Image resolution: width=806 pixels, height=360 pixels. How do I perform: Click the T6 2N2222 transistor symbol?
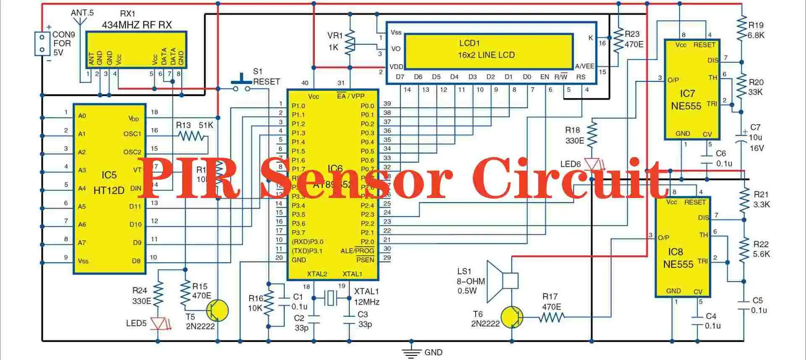(x=512, y=317)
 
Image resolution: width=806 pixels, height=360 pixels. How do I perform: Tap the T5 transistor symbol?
(x=217, y=311)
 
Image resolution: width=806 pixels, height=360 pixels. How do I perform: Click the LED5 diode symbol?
(x=158, y=323)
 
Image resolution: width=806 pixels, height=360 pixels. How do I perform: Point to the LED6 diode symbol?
(x=592, y=164)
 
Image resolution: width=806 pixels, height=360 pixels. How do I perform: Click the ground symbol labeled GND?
(x=412, y=352)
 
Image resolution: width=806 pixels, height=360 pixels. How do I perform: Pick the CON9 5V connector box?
(x=42, y=44)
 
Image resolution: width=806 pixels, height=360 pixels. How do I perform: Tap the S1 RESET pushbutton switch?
(x=242, y=84)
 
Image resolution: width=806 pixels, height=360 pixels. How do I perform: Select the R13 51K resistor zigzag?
(x=191, y=136)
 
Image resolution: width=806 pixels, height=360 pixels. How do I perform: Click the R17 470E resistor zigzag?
(x=552, y=317)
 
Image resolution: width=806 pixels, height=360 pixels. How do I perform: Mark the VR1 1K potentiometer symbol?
(x=350, y=42)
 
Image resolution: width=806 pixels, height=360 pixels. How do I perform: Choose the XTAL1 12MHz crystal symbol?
(x=331, y=298)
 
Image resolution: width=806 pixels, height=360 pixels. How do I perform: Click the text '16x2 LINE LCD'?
(x=486, y=55)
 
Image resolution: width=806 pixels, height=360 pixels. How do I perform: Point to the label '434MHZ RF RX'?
(x=137, y=25)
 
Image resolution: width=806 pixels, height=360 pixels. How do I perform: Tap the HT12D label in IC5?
(x=109, y=190)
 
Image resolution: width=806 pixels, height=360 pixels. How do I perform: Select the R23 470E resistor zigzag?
(x=618, y=40)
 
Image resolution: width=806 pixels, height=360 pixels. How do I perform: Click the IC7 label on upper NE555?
(x=687, y=94)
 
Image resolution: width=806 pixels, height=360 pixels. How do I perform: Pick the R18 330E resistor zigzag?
(x=592, y=133)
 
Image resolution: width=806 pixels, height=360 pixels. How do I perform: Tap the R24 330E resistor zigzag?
(x=158, y=294)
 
